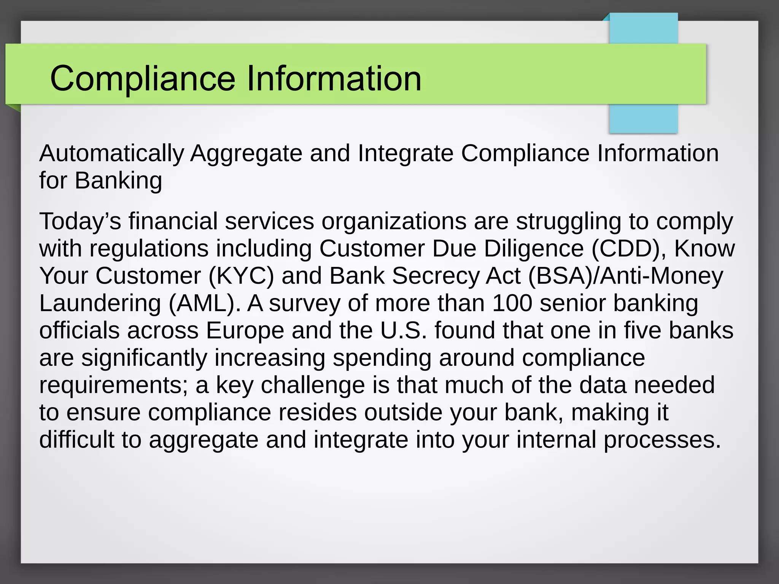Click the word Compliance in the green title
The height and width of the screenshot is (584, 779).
(143, 78)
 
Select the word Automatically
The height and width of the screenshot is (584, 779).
(111, 154)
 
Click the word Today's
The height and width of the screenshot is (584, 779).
(80, 221)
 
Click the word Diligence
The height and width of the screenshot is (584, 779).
(534, 249)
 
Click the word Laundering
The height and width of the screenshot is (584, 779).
(100, 303)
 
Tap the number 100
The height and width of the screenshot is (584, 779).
(512, 303)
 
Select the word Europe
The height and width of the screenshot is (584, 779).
(245, 330)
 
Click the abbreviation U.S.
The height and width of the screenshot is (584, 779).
(404, 330)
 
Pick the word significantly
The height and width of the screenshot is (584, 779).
(144, 358)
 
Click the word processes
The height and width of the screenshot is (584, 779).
(662, 440)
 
